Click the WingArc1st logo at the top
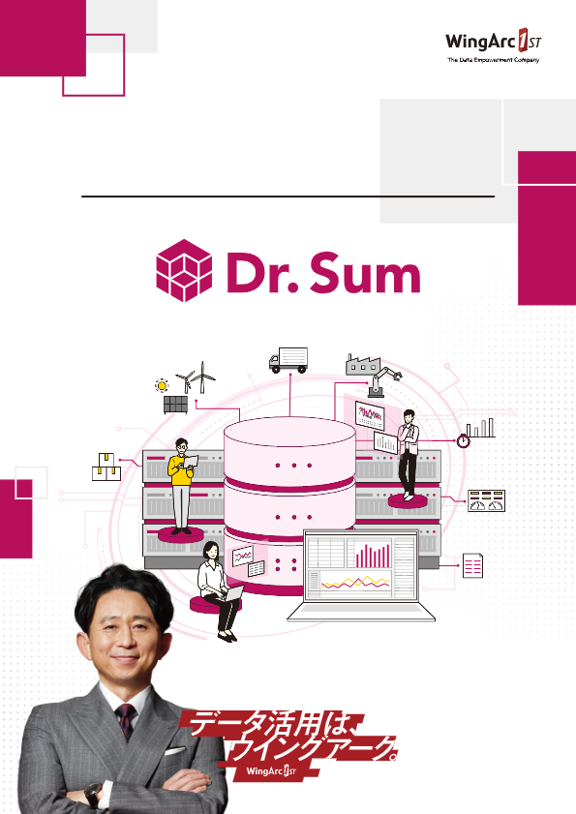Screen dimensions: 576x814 pos(493,45)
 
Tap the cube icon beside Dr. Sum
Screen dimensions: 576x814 pos(184,270)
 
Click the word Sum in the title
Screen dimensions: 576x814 pos(365,273)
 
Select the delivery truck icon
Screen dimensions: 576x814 pos(288,360)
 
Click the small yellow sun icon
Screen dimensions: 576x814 pos(162,386)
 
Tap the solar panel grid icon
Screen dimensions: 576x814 pos(175,405)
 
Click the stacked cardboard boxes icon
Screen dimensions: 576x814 pos(106,467)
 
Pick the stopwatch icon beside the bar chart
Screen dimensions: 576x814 pos(464,440)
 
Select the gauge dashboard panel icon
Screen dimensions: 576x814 pos(486,500)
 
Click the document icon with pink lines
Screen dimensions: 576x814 pos(472,565)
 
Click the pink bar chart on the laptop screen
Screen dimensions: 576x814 pos(373,556)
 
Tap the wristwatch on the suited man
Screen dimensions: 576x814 pos(94,795)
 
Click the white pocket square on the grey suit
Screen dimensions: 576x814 pos(174,751)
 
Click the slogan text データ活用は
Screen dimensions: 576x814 pos(269,724)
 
